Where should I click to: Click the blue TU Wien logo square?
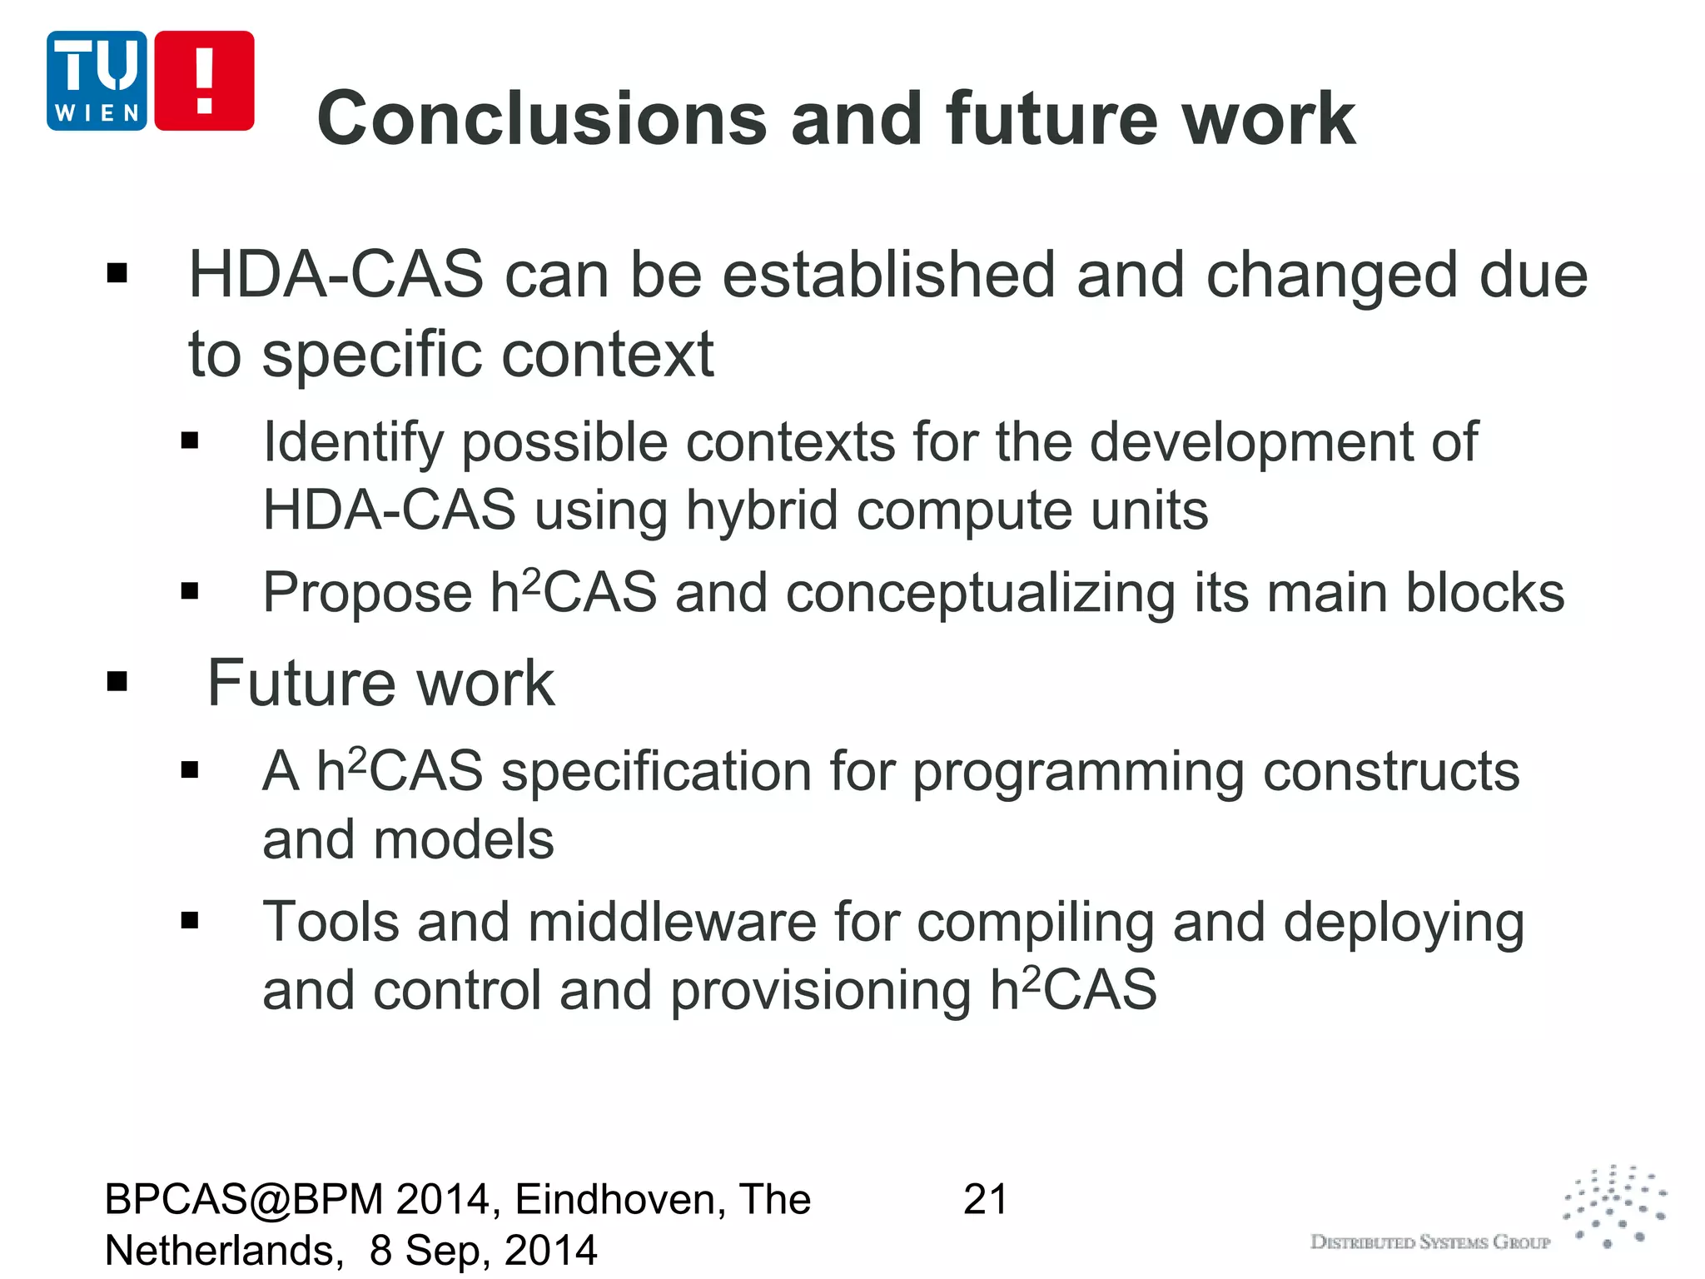[x=97, y=81]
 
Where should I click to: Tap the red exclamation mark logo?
[x=204, y=81]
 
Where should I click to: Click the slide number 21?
[x=985, y=1200]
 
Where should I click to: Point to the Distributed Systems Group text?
[x=1429, y=1242]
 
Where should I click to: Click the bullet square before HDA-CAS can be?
[x=117, y=273]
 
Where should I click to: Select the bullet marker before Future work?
[x=117, y=682]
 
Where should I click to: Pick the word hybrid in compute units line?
[x=761, y=510]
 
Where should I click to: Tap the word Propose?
[x=367, y=594]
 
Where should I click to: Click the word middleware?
[x=672, y=923]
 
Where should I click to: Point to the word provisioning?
[x=820, y=991]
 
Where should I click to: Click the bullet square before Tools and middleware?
[x=190, y=920]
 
